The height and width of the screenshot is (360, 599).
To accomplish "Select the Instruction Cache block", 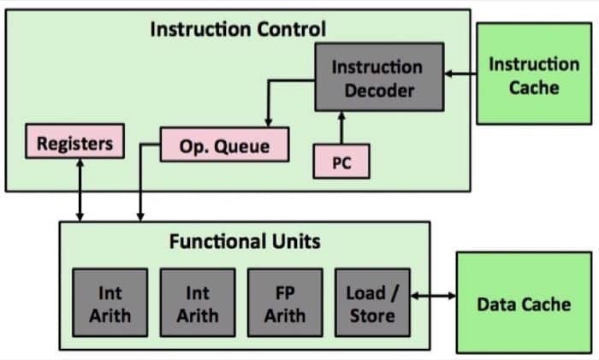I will (534, 75).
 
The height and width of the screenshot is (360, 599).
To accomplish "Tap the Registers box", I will (74, 141).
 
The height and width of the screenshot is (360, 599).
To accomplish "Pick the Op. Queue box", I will (224, 145).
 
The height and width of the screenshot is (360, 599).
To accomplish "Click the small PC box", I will (341, 162).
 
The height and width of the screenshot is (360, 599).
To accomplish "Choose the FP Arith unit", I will (284, 304).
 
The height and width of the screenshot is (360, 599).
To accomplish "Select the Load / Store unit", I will (371, 304).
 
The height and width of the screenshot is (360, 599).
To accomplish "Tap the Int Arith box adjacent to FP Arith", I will (198, 304).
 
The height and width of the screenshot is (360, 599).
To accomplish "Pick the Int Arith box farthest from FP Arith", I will (110, 304).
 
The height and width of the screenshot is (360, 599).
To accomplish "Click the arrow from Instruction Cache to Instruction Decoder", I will (461, 76).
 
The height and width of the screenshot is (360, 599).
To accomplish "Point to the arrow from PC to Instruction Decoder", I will (341, 128).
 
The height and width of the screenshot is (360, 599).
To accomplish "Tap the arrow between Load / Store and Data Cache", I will (432, 296).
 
